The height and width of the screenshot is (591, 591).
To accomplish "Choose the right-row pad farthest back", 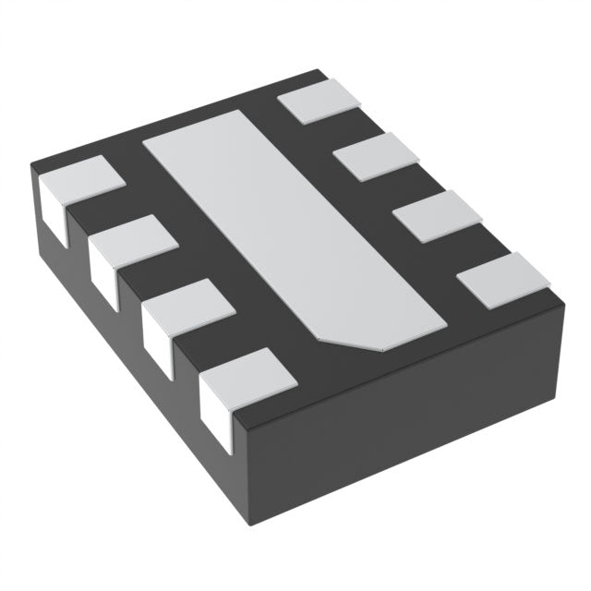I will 319,100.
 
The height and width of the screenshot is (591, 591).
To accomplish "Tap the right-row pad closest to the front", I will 503,280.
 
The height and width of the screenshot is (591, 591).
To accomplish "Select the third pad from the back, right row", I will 439,216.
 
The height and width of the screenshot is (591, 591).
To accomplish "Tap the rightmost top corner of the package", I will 563,301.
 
